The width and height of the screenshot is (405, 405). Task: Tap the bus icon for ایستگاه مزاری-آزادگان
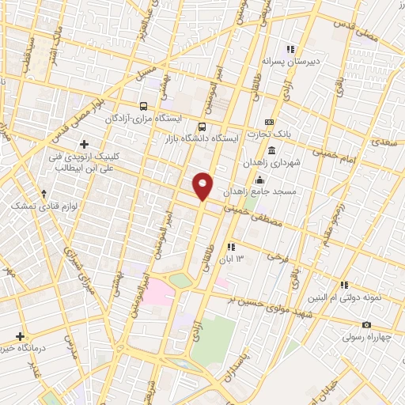pyautogui.click(x=142, y=106)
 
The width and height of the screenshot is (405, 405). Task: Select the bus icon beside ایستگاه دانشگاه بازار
pyautogui.click(x=202, y=127)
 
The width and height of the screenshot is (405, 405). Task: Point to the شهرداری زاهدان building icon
pyautogui.click(x=271, y=151)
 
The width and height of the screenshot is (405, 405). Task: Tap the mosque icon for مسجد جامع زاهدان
pyautogui.click(x=260, y=180)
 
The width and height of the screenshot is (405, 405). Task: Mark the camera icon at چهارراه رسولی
pyautogui.click(x=365, y=325)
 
